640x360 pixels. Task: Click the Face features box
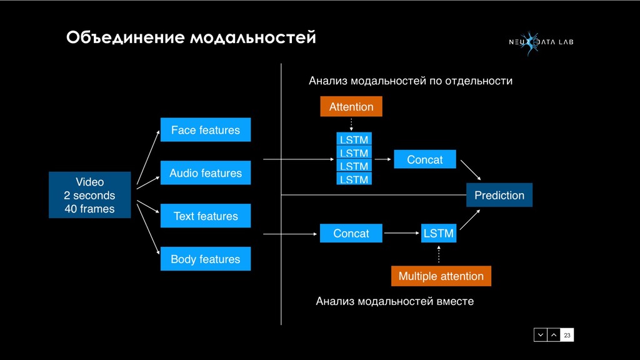[206, 130]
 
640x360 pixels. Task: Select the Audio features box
[206, 173]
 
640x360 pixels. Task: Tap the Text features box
[206, 216]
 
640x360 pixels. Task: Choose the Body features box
[206, 259]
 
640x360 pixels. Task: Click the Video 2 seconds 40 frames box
[90, 195]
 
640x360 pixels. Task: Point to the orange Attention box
[351, 107]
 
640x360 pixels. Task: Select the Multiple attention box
[441, 276]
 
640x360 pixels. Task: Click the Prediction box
[499, 195]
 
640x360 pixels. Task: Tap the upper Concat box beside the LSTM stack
[425, 159]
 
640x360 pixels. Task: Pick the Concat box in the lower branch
[351, 233]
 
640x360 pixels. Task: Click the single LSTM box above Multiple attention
[439, 233]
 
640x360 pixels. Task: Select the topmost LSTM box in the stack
[354, 139]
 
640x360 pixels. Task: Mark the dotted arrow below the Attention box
[351, 124]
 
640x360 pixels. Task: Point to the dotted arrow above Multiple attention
[439, 254]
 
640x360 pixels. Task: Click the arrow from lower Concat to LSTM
[402, 233]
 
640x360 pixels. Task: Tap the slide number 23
[567, 336]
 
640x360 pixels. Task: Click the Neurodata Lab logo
[540, 42]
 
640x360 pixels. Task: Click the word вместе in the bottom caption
[454, 302]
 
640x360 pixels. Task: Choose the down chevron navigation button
[541, 336]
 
